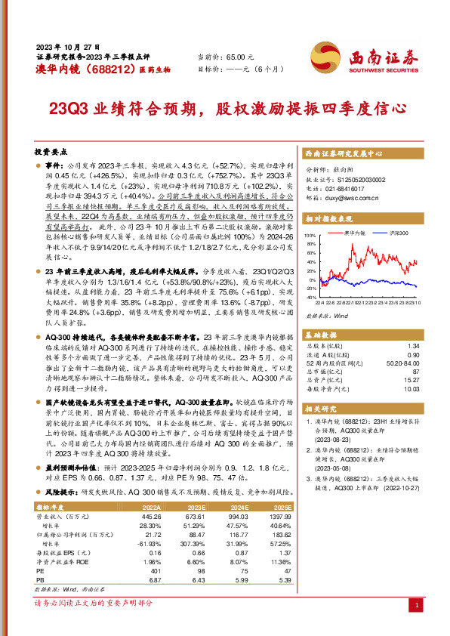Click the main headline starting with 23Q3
tap(224, 108)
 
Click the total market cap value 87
tap(415, 372)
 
